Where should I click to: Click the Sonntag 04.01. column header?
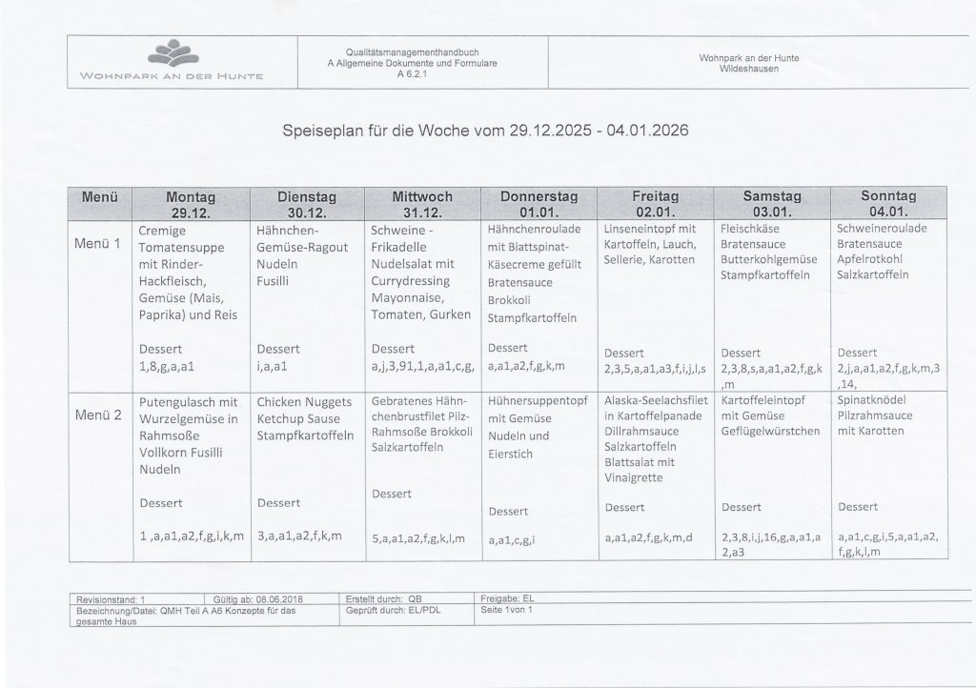click(x=887, y=204)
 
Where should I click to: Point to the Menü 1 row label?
click(x=97, y=243)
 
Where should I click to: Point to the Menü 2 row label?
click(x=97, y=415)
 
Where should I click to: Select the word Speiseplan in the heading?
click(x=327, y=128)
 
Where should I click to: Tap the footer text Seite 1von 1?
click(x=507, y=609)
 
